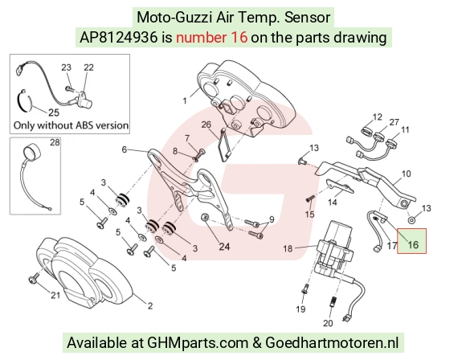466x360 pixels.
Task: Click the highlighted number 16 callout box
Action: click(411, 241)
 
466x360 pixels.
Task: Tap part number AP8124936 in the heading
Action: click(119, 38)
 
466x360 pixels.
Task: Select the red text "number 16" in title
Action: click(211, 38)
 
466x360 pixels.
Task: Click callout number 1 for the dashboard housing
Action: click(185, 101)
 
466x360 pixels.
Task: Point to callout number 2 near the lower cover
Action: click(150, 305)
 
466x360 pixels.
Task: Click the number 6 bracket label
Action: click(125, 149)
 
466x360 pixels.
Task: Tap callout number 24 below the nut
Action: click(224, 247)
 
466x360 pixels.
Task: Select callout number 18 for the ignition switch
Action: click(288, 248)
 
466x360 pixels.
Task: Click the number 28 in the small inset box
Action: click(55, 142)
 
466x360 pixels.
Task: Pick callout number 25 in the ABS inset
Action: click(54, 112)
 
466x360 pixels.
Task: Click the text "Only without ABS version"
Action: click(71, 125)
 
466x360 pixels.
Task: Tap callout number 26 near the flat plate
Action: click(206, 125)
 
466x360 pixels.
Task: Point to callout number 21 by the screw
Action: click(55, 295)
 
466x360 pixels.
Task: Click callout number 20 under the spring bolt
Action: click(328, 323)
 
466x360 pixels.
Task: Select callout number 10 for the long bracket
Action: click(406, 174)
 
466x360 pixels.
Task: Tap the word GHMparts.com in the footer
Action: click(198, 342)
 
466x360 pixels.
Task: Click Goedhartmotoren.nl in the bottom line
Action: click(332, 342)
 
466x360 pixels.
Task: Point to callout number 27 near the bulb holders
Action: click(394, 122)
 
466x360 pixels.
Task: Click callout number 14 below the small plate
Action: click(333, 202)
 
